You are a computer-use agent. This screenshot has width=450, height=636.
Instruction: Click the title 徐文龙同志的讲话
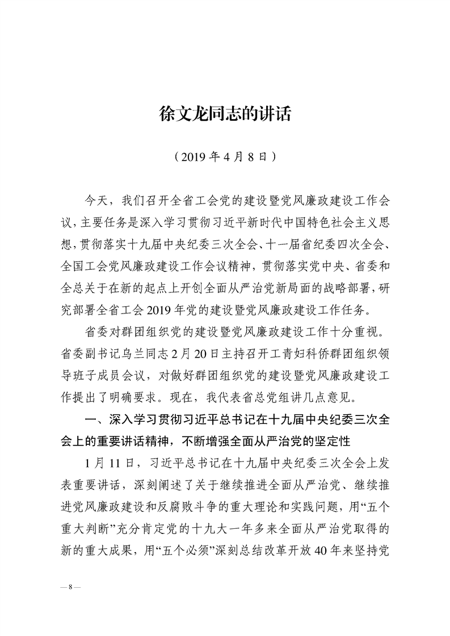[x=225, y=115]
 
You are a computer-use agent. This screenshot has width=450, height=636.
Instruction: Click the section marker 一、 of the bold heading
[x=91, y=419]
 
